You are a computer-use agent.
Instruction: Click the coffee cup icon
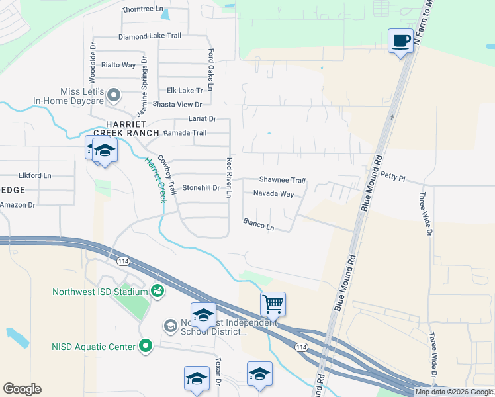(400, 41)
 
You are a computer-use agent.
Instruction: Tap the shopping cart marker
(273, 304)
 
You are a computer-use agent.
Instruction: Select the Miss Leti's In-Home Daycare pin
(113, 95)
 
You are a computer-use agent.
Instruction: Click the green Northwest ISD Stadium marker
(157, 290)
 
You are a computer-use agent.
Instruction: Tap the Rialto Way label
(118, 65)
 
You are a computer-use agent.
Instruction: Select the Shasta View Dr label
(177, 104)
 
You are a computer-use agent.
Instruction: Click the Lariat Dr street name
(202, 118)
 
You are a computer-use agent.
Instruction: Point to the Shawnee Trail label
(282, 180)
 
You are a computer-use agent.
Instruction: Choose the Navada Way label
(273, 194)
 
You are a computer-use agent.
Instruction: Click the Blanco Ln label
(258, 224)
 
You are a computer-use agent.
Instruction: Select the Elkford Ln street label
(35, 176)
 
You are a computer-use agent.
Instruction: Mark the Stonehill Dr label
(201, 188)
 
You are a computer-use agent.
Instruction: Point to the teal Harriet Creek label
(154, 179)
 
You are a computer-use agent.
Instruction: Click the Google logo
(22, 389)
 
